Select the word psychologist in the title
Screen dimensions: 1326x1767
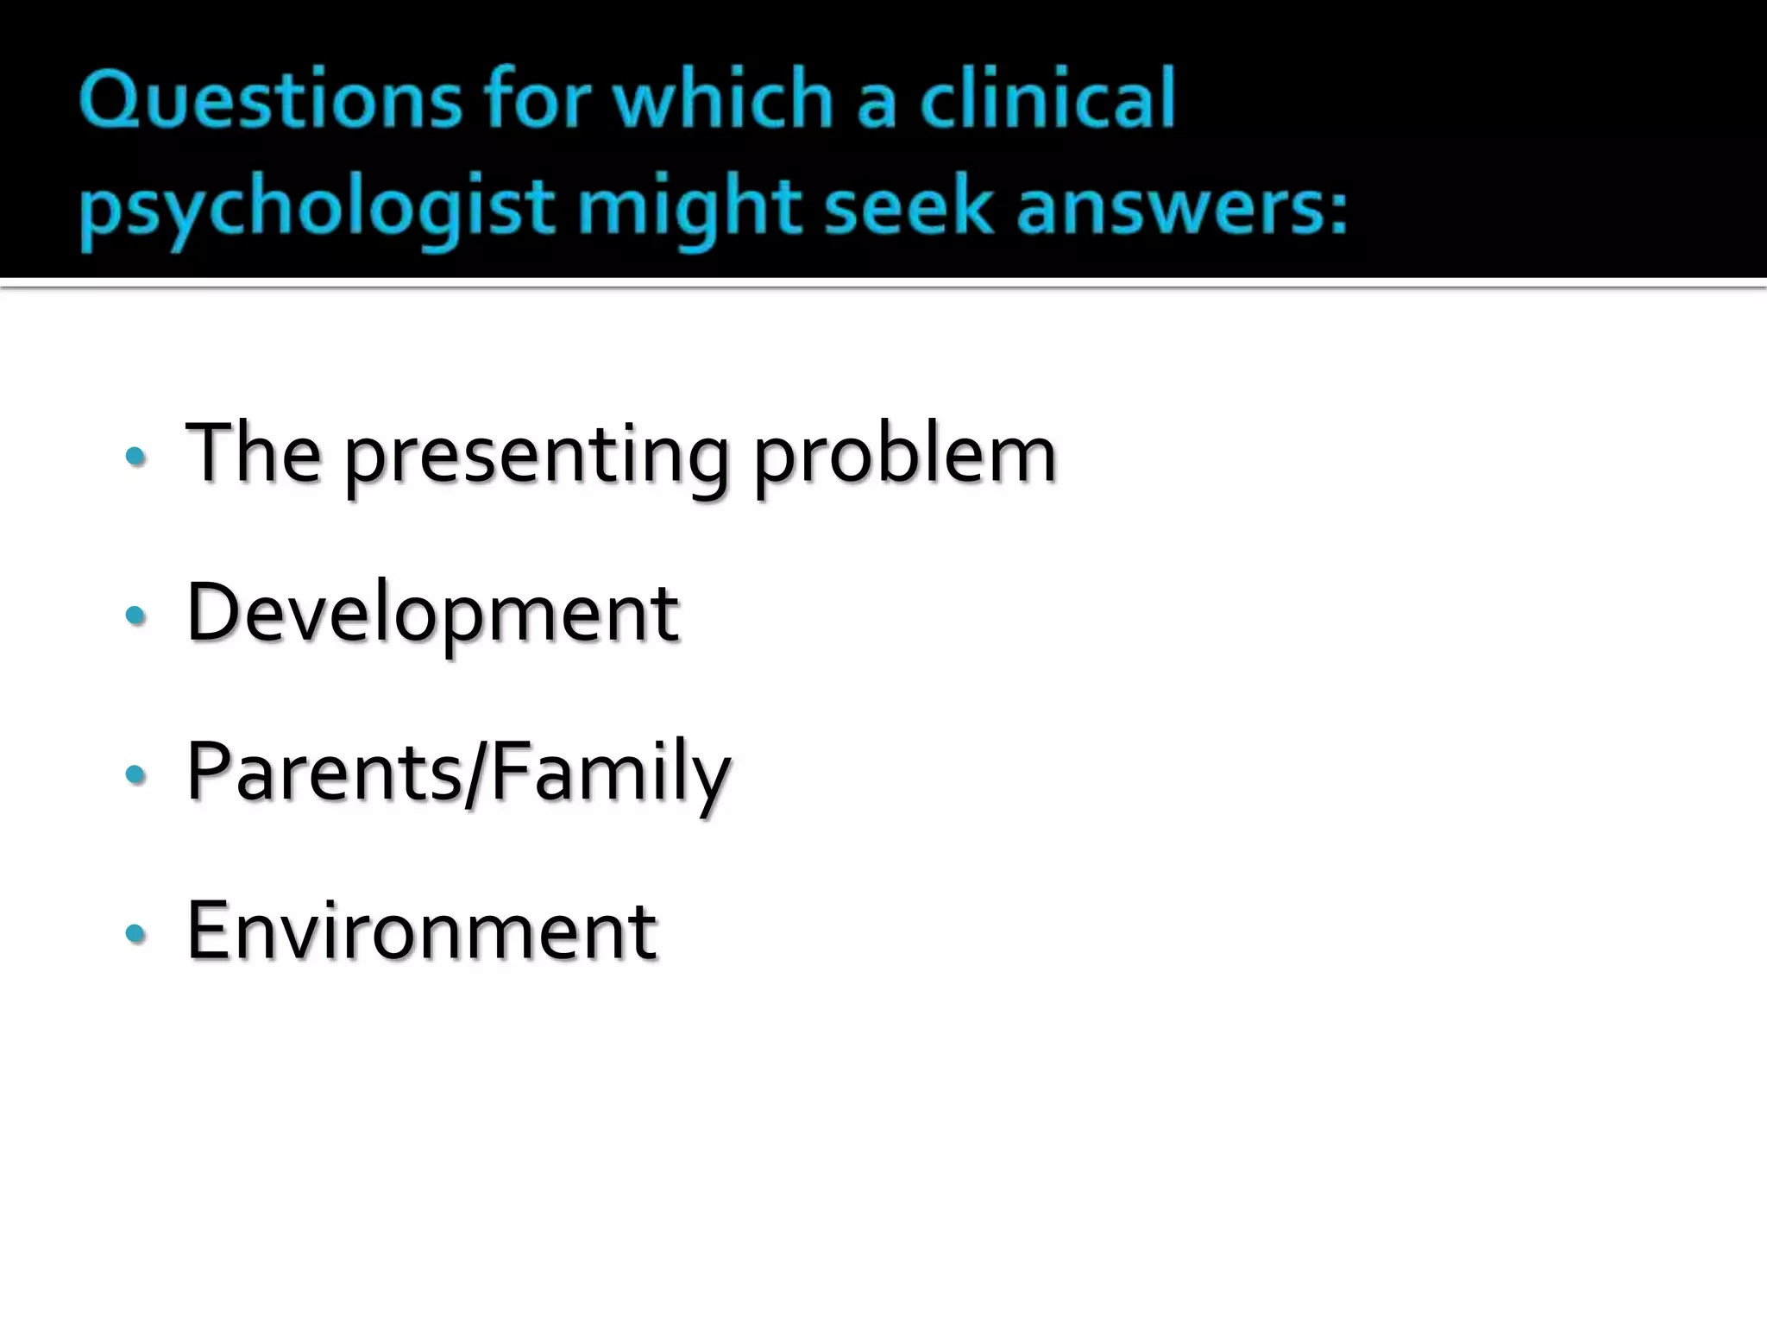click(317, 210)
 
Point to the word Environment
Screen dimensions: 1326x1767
click(422, 931)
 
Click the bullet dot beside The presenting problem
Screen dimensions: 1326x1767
click(135, 456)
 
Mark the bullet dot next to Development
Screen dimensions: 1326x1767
click(135, 615)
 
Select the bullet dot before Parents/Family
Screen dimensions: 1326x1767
click(135, 773)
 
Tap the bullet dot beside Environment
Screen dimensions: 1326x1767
click(135, 932)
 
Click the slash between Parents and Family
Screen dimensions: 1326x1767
click(476, 773)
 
